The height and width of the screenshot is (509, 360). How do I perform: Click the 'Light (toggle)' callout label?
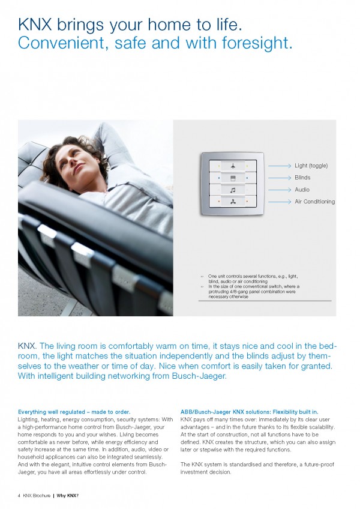311,165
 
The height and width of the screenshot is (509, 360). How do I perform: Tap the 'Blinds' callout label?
302,178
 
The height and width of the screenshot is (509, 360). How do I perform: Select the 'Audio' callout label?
302,190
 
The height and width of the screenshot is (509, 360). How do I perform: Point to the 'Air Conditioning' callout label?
314,202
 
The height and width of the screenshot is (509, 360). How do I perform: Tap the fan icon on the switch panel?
232,203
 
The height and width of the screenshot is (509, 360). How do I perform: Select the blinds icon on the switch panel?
232,178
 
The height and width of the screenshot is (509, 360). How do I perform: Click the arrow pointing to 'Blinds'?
280,178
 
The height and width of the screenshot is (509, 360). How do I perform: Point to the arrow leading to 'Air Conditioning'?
280,202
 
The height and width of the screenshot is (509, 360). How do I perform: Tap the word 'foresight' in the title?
253,43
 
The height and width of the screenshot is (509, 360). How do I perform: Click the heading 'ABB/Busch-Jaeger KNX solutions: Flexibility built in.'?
249,412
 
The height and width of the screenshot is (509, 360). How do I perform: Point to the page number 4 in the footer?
19,495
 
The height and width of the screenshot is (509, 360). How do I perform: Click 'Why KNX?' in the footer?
68,495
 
